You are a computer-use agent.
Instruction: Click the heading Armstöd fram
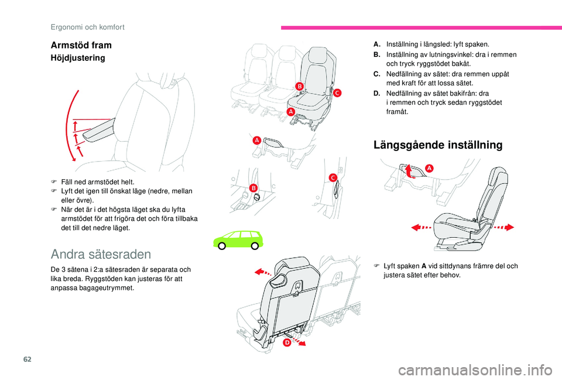point(81,45)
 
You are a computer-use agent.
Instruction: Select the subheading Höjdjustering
point(77,58)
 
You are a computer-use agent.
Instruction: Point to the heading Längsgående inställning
point(438,145)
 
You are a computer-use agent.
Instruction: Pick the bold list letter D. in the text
point(376,93)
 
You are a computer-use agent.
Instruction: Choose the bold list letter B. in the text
point(376,54)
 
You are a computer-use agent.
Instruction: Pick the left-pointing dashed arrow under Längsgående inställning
point(421,227)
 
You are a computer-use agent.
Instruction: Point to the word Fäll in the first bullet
point(66,182)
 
